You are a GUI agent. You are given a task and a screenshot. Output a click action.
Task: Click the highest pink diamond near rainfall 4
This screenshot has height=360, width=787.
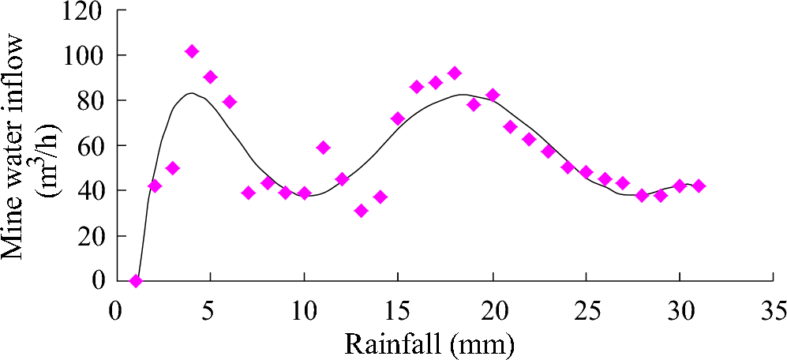coord(192,51)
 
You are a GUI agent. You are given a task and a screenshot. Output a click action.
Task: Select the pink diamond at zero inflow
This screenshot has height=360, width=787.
coord(136,280)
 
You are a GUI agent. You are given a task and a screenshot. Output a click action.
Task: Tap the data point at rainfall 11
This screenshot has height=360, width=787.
coord(324,148)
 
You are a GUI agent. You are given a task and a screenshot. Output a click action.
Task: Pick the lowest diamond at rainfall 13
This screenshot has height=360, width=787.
coord(362,211)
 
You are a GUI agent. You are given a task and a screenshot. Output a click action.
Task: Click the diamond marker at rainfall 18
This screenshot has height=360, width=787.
coord(455,73)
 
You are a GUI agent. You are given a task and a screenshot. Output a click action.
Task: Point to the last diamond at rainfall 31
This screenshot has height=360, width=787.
coord(699,186)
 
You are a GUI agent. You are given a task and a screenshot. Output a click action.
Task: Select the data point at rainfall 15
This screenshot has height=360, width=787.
coord(398,118)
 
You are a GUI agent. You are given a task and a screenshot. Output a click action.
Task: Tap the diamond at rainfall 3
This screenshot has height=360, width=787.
coord(173,168)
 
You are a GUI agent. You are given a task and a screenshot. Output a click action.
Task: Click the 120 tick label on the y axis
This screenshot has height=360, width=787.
coord(84,11)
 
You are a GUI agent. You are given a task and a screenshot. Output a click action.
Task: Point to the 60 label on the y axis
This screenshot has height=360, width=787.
coord(92,146)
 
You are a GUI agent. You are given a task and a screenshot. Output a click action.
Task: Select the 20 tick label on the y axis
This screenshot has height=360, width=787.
coord(92,236)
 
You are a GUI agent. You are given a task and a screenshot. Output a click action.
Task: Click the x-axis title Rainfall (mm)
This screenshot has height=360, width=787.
coord(429,343)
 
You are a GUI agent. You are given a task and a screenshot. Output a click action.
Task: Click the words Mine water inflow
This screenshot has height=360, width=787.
coord(19,150)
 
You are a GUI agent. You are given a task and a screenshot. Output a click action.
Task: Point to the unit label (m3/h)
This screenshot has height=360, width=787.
coord(54,150)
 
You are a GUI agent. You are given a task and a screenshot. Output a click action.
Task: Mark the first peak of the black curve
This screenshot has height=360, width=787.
coord(191,93)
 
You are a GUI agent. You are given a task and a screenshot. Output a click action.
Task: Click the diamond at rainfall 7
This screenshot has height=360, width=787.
coord(249,193)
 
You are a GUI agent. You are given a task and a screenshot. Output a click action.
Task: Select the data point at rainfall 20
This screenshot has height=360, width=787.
coord(493,95)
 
